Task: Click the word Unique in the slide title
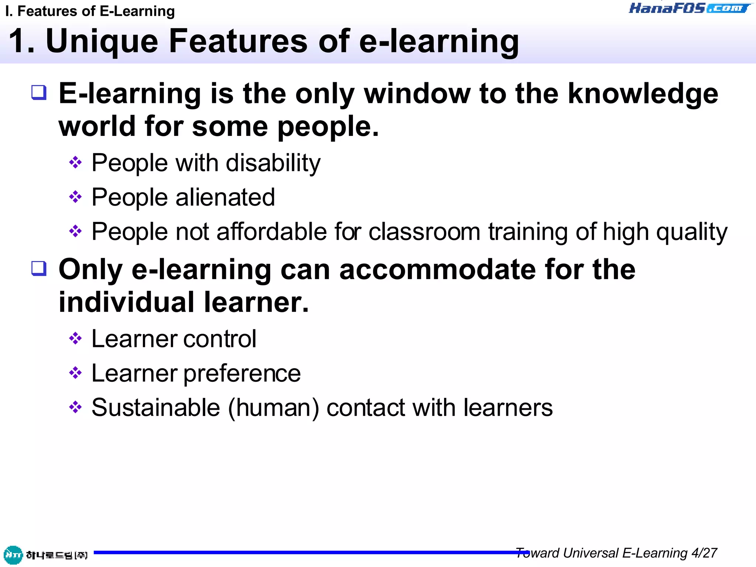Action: tap(102, 41)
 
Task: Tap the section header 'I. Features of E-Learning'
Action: tap(90, 11)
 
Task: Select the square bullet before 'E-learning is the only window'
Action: tap(39, 92)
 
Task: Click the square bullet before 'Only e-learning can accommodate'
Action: tap(39, 268)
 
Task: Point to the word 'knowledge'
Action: tap(643, 94)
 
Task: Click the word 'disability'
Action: tap(273, 163)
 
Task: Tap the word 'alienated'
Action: tap(225, 197)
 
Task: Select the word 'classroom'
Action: tap(425, 232)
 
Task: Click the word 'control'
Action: tap(220, 339)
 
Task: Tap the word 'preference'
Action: tap(242, 374)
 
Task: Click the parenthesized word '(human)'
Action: tap(274, 408)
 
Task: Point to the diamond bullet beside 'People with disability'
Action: tap(75, 162)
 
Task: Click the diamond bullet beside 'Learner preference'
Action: tap(75, 373)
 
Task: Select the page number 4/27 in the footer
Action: tap(704, 553)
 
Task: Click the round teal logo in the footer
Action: tap(13, 555)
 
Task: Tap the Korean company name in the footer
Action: tap(56, 555)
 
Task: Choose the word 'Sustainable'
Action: tap(156, 408)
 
